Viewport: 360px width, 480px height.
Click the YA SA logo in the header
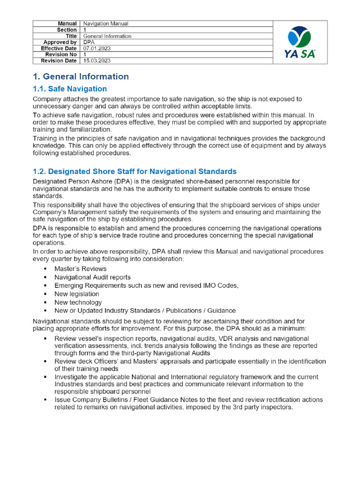pyautogui.click(x=300, y=42)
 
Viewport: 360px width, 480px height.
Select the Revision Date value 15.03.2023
pyautogui.click(x=97, y=60)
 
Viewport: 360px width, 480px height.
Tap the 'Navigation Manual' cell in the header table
pyautogui.click(x=106, y=23)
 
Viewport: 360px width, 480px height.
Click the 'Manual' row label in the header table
pyautogui.click(x=67, y=23)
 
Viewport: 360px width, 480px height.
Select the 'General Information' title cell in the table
pyautogui.click(x=107, y=36)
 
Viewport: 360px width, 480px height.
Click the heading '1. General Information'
pyautogui.click(x=81, y=76)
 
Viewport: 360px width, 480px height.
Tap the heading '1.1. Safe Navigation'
pyautogui.click(x=70, y=89)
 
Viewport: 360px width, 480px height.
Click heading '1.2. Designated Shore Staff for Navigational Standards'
pyautogui.click(x=135, y=172)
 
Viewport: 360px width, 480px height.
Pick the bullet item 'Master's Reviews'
pyautogui.click(x=80, y=269)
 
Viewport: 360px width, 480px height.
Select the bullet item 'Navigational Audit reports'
pyautogui.click(x=92, y=277)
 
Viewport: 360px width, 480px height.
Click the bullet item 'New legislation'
pyautogui.click(x=77, y=294)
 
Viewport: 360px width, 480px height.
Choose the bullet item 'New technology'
pyautogui.click(x=78, y=302)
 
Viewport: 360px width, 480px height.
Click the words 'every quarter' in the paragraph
pyautogui.click(x=52, y=259)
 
